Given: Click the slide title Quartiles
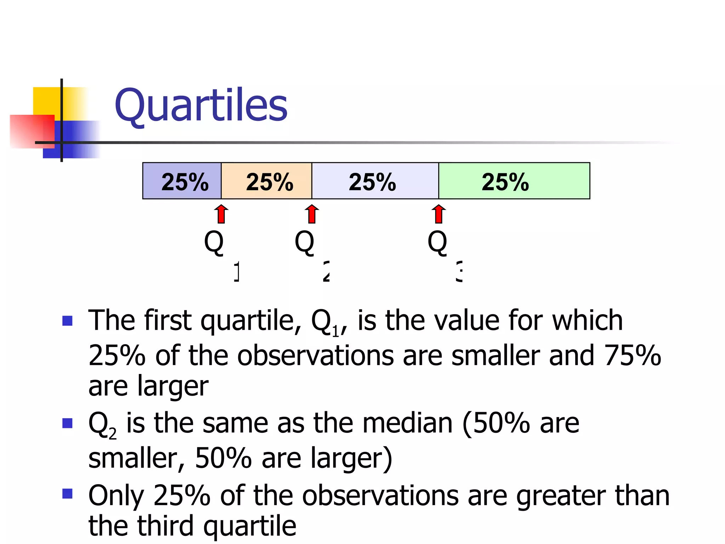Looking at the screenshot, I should coord(201,105).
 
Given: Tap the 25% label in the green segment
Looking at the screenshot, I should coord(505,182).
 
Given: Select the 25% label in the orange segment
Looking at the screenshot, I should coord(269,182).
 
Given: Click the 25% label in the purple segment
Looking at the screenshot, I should coord(185,182).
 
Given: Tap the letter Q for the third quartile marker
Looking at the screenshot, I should coord(438,242).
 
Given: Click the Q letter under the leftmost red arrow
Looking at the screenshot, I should coord(214,242).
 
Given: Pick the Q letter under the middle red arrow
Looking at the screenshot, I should coord(304,242).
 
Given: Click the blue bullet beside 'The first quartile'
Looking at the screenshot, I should coord(67,321).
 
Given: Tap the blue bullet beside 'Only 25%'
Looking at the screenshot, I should coord(67,493).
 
